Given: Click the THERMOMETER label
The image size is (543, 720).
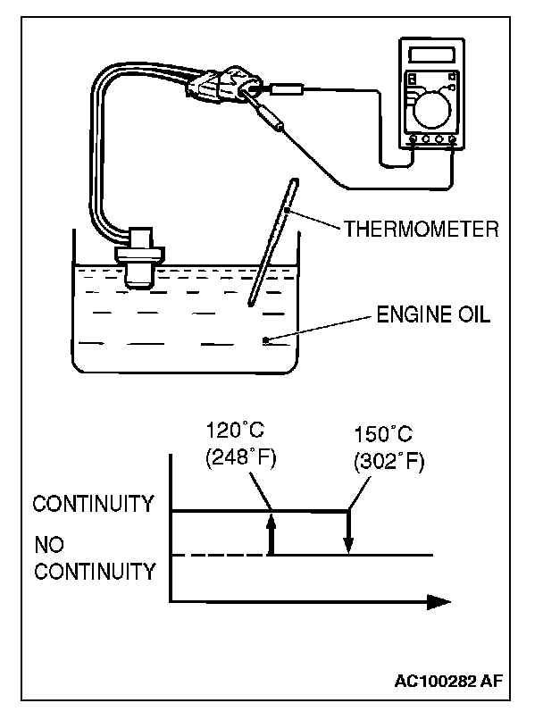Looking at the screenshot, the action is tap(421, 229).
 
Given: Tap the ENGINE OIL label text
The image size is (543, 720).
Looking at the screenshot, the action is tap(433, 314).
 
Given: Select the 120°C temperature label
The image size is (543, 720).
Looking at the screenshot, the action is tap(235, 431).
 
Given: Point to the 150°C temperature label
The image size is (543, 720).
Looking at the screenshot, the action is tap(383, 434).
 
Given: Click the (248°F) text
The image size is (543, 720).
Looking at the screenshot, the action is tap(241, 457).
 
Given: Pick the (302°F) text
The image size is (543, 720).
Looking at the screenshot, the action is tap(389, 461).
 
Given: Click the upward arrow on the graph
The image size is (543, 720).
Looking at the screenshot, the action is tap(271, 534).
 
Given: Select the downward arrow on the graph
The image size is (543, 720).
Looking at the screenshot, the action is tap(348, 532).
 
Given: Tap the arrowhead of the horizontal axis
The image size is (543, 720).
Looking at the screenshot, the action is tap(439, 601).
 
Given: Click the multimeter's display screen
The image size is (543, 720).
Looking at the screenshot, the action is tap(431, 55).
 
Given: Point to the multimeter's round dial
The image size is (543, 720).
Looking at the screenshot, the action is tap(432, 110).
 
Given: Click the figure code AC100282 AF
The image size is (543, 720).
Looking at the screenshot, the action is tap(448, 680).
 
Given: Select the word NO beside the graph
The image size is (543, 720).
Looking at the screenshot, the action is tap(49, 545).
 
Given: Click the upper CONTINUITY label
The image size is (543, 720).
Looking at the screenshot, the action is tap(93, 504).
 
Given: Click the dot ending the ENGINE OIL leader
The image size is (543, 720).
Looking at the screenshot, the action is tap(265, 340).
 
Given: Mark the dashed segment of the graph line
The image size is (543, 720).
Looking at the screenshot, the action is tap(219, 555).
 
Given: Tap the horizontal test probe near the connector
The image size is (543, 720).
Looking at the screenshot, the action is tap(286, 88).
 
